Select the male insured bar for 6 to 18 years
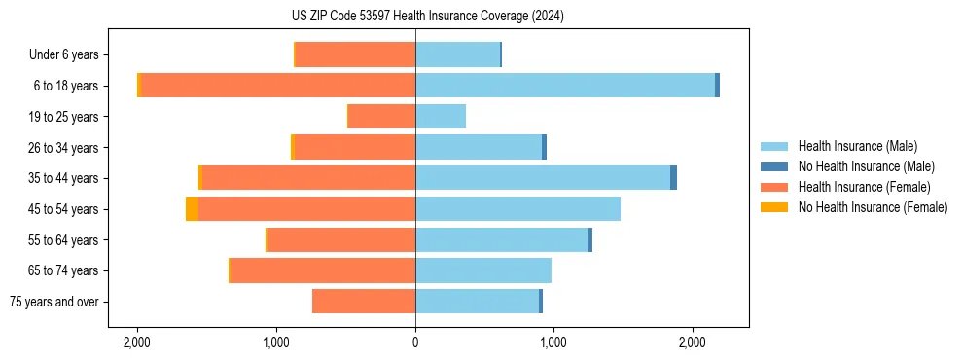pos(565,86)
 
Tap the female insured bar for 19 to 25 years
pos(381,117)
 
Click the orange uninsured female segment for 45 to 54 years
pos(192,209)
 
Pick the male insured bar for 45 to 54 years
pos(517,209)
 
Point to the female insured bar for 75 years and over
pos(364,302)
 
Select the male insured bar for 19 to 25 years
pos(441,117)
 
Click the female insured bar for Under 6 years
pos(355,55)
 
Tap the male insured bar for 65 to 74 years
pos(483,270)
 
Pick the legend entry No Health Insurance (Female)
pos(873,207)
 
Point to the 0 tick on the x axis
pos(415,342)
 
